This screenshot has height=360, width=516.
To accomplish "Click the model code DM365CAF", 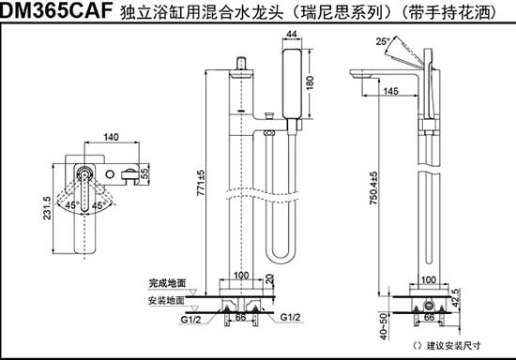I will (x=53, y=12).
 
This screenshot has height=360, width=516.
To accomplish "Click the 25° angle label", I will (x=381, y=42).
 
